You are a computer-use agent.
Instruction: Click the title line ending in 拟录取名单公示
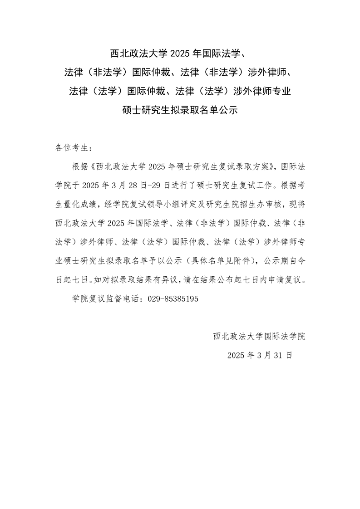pos(180,109)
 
